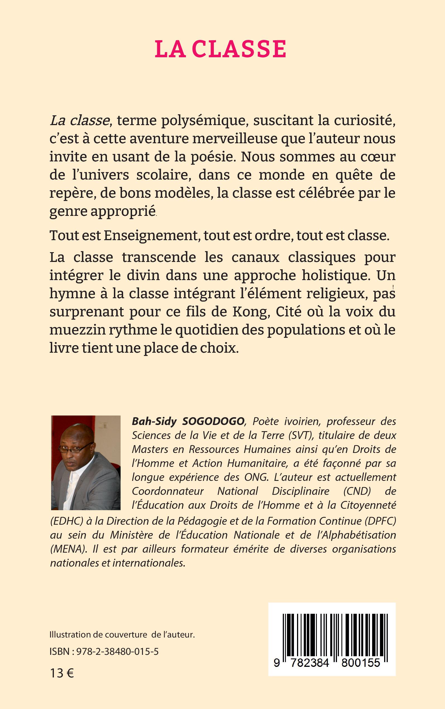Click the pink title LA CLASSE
221,49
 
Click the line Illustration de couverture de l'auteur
123,635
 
